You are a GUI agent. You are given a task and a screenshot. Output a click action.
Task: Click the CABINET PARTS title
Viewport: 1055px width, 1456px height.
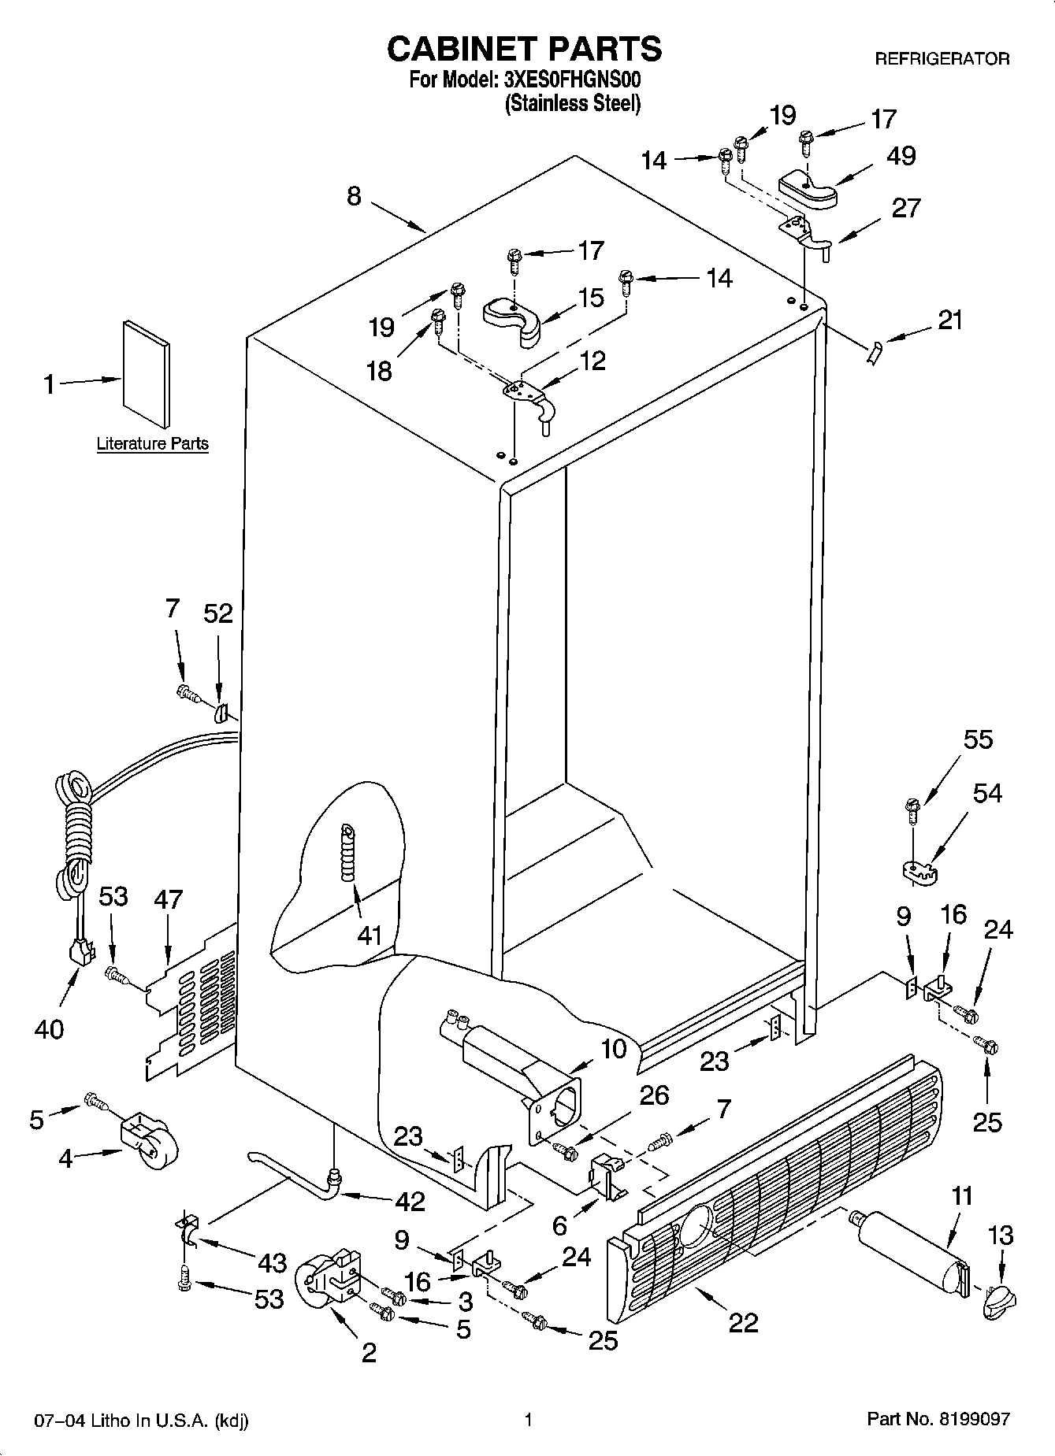tap(524, 49)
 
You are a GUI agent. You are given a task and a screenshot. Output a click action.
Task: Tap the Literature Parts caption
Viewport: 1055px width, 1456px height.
tap(152, 443)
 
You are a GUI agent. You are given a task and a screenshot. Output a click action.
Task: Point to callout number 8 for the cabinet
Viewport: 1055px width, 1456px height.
tap(354, 195)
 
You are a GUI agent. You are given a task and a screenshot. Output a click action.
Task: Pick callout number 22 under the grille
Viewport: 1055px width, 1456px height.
tap(743, 1322)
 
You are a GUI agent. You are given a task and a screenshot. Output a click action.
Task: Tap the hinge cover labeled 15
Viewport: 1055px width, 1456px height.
tap(511, 316)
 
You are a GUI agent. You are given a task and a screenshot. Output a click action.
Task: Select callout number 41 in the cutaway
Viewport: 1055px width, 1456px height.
tap(369, 935)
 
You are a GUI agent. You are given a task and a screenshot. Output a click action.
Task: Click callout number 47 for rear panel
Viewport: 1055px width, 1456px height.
tap(168, 898)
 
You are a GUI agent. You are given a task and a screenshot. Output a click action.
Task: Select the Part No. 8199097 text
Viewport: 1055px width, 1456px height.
tap(938, 1420)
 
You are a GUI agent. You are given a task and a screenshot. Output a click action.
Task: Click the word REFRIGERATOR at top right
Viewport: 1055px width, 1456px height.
tap(942, 58)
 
